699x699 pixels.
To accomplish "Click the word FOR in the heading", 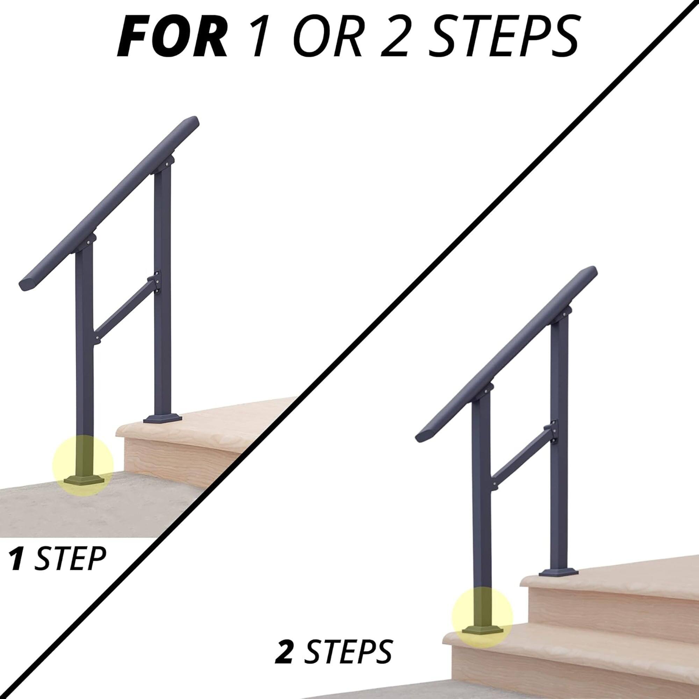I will [172, 37].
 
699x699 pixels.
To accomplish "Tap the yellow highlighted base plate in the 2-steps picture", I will [482, 611].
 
